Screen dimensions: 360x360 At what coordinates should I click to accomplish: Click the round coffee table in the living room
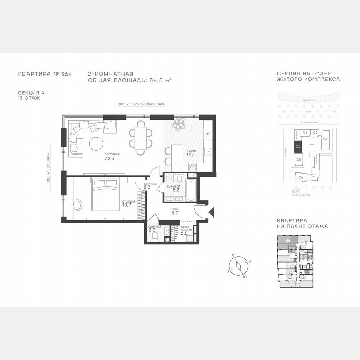tap(96, 144)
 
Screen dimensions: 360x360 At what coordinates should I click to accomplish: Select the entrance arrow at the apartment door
tap(212, 211)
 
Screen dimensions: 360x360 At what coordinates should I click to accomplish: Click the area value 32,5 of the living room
tap(109, 158)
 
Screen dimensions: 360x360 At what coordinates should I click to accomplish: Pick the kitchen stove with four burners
tap(193, 167)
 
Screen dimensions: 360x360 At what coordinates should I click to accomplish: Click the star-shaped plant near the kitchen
tap(180, 124)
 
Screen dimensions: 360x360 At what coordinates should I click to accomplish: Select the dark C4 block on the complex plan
tap(298, 147)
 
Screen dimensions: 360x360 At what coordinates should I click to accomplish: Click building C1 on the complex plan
tap(325, 138)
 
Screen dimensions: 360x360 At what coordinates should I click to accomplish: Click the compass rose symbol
tap(238, 266)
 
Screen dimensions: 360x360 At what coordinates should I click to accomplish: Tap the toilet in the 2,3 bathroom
tap(155, 237)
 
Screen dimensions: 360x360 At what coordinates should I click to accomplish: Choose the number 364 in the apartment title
tap(66, 74)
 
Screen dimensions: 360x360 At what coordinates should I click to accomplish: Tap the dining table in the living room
tap(140, 138)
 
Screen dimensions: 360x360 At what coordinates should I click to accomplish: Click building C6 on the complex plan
tap(300, 177)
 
